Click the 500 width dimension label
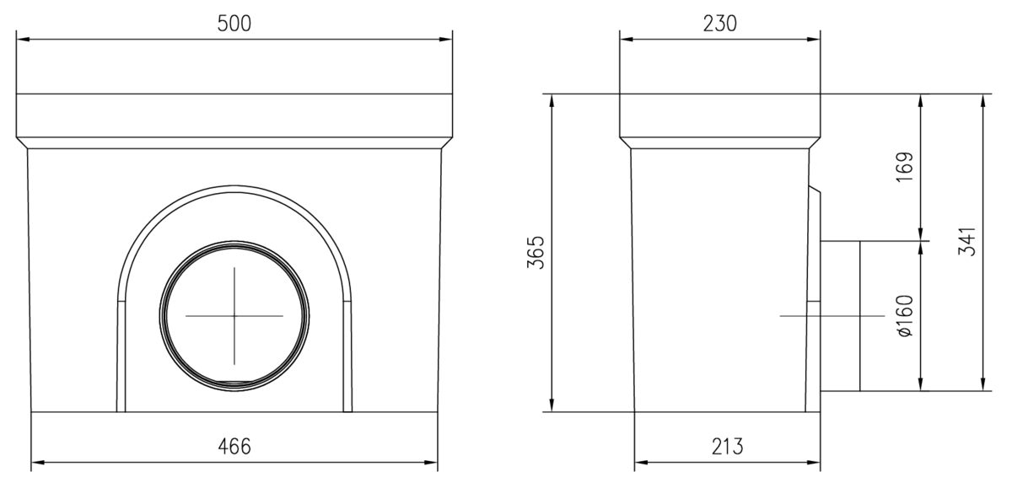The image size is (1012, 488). (234, 24)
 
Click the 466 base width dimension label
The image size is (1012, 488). (234, 447)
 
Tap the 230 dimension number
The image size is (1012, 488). (719, 24)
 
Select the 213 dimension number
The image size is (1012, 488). (727, 447)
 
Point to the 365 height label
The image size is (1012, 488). (536, 252)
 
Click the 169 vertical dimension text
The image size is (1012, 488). (904, 167)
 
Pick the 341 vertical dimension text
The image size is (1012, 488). (966, 242)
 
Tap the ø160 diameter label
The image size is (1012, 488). (904, 316)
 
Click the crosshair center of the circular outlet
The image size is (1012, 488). (234, 316)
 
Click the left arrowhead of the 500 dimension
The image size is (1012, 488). (23, 40)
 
